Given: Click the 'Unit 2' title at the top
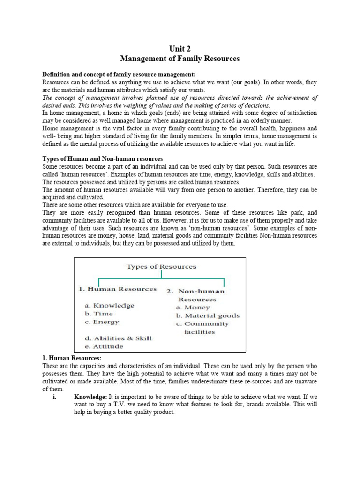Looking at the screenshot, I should coord(180,49).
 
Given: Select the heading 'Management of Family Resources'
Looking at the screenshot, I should coord(180,59).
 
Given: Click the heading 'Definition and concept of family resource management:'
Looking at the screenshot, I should coord(119,75).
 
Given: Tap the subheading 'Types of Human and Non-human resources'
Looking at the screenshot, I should coord(103,159).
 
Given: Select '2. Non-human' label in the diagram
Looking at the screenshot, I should coord(195,291).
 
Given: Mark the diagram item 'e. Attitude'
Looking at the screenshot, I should coord(104,346).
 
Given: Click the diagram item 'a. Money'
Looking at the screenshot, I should coord(193,307).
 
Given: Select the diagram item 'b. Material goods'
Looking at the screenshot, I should coord(208,315).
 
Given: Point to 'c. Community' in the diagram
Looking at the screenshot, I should coord(202,324).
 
